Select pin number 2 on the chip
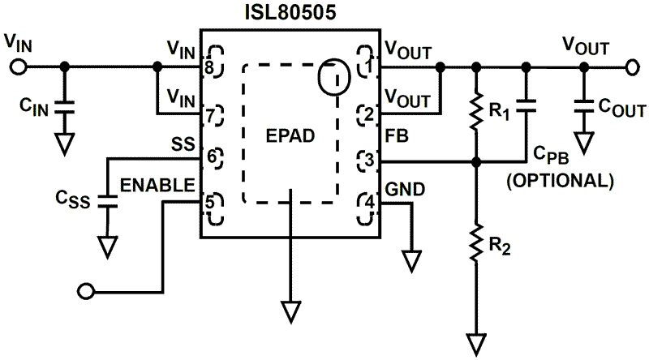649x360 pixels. pyautogui.click(x=370, y=114)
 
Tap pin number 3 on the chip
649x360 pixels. pyautogui.click(x=370, y=160)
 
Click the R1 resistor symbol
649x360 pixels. pyautogui.click(x=476, y=114)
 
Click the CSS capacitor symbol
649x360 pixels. pyautogui.click(x=105, y=200)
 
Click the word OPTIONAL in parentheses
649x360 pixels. pyautogui.click(x=559, y=181)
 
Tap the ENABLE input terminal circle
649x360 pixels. pyautogui.click(x=84, y=289)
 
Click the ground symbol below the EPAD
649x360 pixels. pyautogui.click(x=289, y=311)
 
